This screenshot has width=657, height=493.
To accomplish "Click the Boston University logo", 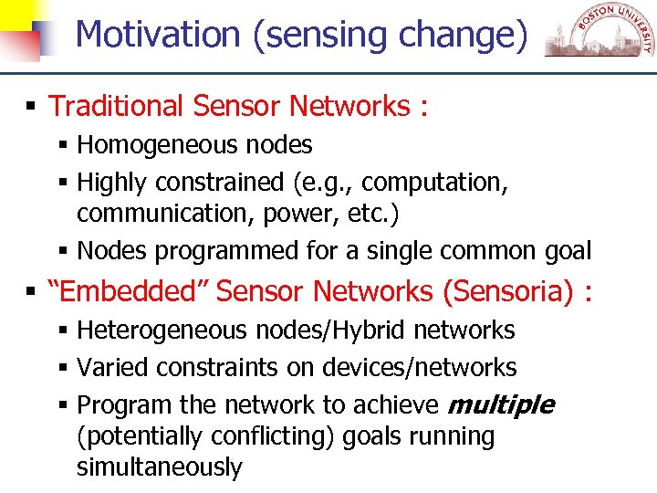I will click(600, 35).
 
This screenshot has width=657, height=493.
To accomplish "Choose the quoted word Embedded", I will click(128, 291).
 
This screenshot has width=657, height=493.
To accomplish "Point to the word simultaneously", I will click(160, 468).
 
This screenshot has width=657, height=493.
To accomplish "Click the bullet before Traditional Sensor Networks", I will click(31, 107).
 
